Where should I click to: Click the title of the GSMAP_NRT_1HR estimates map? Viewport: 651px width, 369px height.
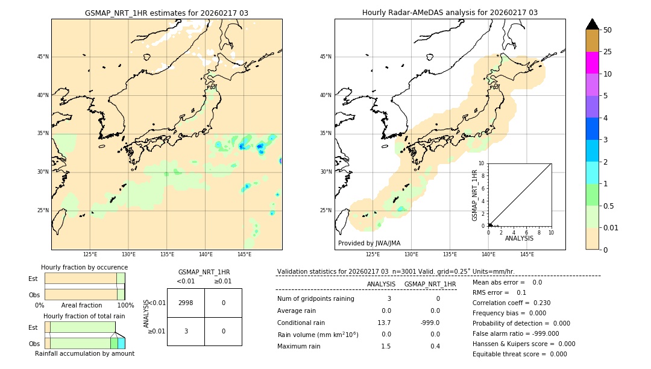166,13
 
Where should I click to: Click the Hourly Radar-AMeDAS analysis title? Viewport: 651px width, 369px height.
450,13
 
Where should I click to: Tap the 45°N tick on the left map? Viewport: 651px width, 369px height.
43,57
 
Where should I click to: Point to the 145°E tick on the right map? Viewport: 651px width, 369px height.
527,254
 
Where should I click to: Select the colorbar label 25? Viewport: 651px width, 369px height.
608,52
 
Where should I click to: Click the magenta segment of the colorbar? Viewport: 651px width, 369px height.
592,63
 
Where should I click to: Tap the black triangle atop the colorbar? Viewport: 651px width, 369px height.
592,24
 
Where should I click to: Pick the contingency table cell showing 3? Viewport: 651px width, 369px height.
186,331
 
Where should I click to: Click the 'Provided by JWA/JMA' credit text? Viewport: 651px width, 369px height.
369,243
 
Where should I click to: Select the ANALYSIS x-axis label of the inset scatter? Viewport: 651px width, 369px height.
519,238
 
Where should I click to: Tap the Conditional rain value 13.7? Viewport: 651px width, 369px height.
386,323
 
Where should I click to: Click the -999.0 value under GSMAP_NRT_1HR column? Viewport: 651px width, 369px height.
430,323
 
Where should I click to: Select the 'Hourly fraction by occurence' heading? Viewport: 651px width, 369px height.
84,267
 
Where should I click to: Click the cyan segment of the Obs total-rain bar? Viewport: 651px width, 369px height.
121,343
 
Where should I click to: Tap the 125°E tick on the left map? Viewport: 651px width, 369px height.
90,254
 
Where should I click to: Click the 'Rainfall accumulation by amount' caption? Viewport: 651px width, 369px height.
84,353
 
